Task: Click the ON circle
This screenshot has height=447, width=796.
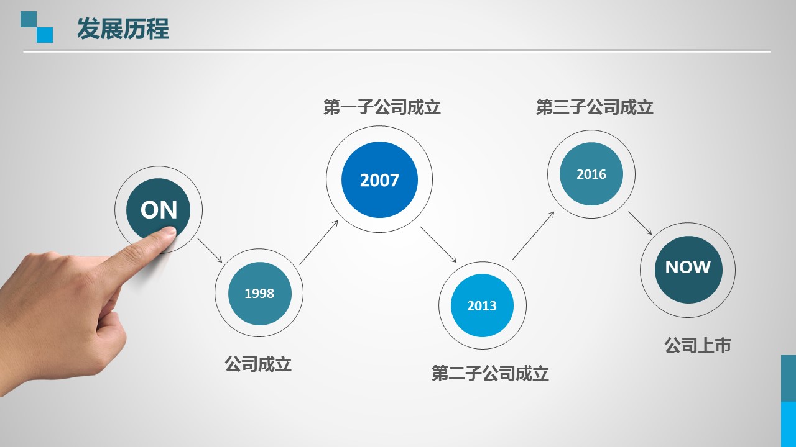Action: (158, 210)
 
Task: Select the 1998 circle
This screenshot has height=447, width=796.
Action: (260, 294)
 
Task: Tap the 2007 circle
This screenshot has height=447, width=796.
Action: (379, 179)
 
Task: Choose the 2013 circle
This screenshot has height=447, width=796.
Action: (482, 305)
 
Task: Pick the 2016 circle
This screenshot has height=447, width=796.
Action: (591, 174)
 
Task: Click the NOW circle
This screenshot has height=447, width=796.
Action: (688, 269)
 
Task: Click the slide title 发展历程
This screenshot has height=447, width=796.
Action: (123, 29)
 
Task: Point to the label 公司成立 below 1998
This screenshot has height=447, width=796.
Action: (258, 364)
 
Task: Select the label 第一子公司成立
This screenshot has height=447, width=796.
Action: (382, 107)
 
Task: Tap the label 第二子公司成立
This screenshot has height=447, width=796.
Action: (491, 373)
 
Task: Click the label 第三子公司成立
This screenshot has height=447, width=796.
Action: (595, 107)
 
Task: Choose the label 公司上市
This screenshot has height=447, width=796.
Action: (698, 345)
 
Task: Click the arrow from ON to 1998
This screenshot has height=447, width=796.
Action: (210, 250)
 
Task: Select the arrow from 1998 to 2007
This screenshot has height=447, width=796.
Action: (319, 242)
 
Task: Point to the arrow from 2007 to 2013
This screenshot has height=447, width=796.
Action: (438, 245)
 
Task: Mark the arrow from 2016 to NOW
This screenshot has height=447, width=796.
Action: (640, 223)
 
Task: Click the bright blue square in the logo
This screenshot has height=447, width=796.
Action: (45, 35)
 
